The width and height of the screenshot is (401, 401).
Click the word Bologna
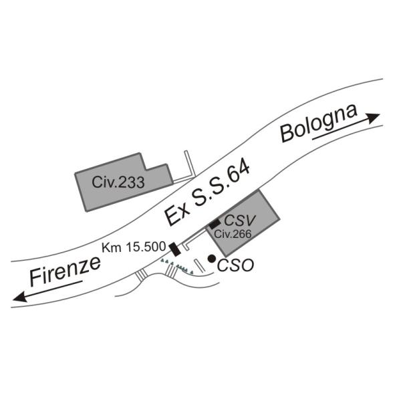pyautogui.click(x=317, y=124)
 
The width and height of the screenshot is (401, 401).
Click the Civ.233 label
pyautogui.click(x=118, y=182)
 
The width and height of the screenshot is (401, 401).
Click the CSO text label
pyautogui.click(x=236, y=265)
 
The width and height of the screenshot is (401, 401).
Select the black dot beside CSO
pyautogui.click(x=211, y=259)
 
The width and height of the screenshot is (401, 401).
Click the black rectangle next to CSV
pyautogui.click(x=215, y=224)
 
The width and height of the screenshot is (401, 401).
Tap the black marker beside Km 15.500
pyautogui.click(x=174, y=249)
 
